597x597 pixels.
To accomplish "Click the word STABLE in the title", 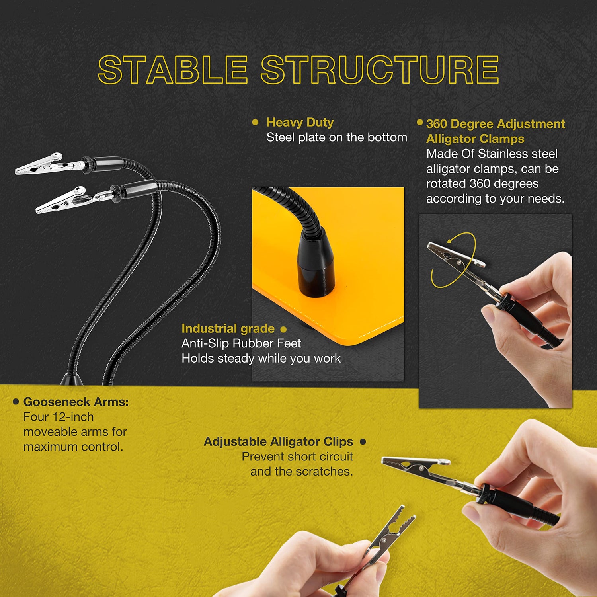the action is [x=173, y=70].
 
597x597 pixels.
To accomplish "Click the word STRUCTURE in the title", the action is [x=380, y=70].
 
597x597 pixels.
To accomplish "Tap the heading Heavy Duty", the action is [x=300, y=123].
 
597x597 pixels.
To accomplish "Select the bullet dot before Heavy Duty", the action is [x=256, y=122].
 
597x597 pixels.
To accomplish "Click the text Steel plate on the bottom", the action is [x=337, y=137].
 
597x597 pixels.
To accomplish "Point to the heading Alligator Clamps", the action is [x=475, y=139].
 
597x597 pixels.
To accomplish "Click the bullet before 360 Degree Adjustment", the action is [x=420, y=122].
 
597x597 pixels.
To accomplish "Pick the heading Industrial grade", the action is [x=228, y=329].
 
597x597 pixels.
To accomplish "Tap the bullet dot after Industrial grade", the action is [x=283, y=329].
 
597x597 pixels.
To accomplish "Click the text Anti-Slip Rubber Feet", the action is [x=241, y=343].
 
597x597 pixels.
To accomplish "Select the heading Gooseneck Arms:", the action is [x=76, y=402].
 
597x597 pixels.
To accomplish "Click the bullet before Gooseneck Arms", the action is [x=16, y=402].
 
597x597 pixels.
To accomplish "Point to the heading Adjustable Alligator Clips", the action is [x=279, y=442].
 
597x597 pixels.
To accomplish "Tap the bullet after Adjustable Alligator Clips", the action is [x=363, y=441].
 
